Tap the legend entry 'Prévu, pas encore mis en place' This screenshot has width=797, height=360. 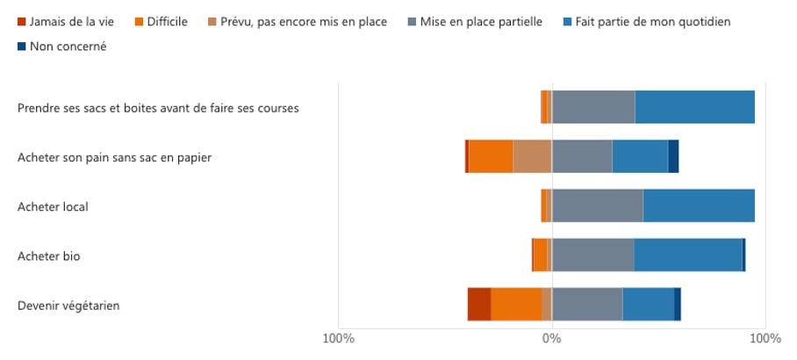(x=303, y=21)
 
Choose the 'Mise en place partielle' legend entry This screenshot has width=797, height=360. (x=481, y=21)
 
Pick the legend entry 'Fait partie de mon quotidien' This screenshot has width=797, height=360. (x=652, y=21)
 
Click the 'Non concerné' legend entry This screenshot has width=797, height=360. (x=68, y=47)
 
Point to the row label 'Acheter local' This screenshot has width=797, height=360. (x=53, y=206)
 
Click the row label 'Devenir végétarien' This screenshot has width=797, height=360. (x=68, y=306)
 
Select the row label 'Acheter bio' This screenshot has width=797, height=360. (x=49, y=256)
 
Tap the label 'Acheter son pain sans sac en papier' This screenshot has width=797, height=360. (x=114, y=157)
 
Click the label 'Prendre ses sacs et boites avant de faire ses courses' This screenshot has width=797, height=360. (x=158, y=108)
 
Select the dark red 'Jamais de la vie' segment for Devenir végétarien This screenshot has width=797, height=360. (x=478, y=304)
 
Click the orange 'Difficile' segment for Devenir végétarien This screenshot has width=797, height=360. (x=515, y=304)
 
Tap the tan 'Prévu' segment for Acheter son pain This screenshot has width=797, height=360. (x=532, y=156)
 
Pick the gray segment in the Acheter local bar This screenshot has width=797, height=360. (x=597, y=205)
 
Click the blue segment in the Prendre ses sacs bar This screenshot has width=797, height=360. (x=694, y=106)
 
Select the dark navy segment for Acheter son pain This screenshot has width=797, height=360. (x=673, y=156)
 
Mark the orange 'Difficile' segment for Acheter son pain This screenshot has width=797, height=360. (x=491, y=156)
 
